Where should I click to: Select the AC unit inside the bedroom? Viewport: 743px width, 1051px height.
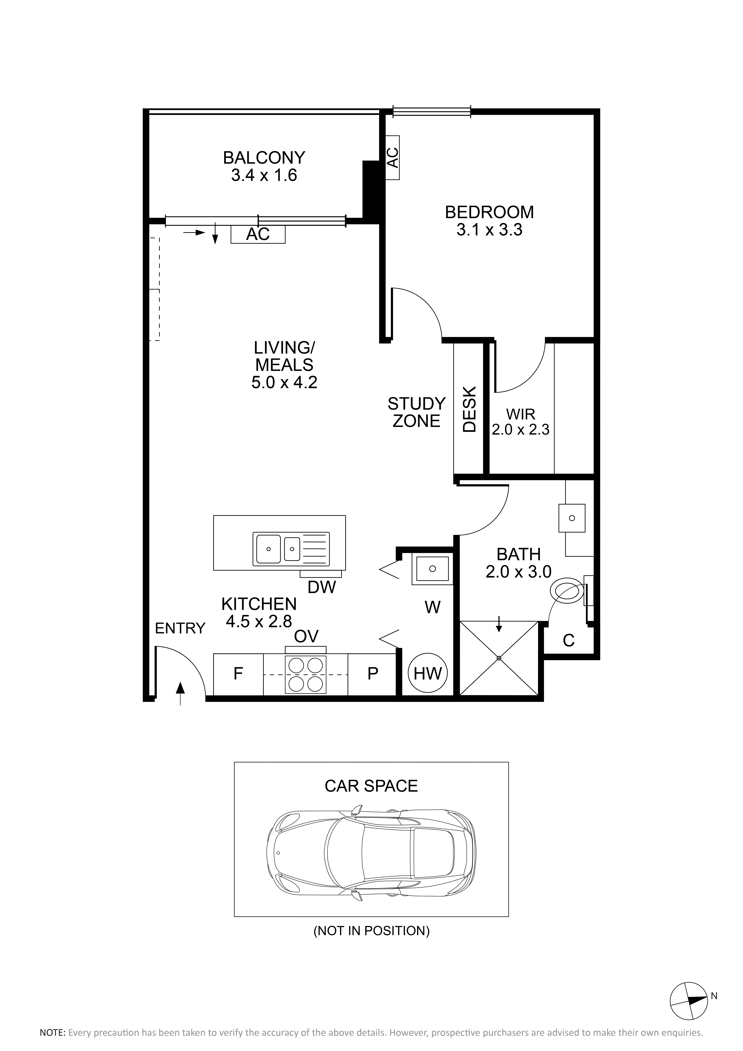pos(393,157)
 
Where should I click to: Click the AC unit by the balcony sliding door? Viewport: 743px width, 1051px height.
pos(258,234)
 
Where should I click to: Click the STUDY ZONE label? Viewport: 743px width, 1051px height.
pos(416,412)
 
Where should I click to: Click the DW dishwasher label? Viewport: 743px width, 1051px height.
pos(322,587)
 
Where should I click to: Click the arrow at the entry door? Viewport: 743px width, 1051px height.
pos(181,694)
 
